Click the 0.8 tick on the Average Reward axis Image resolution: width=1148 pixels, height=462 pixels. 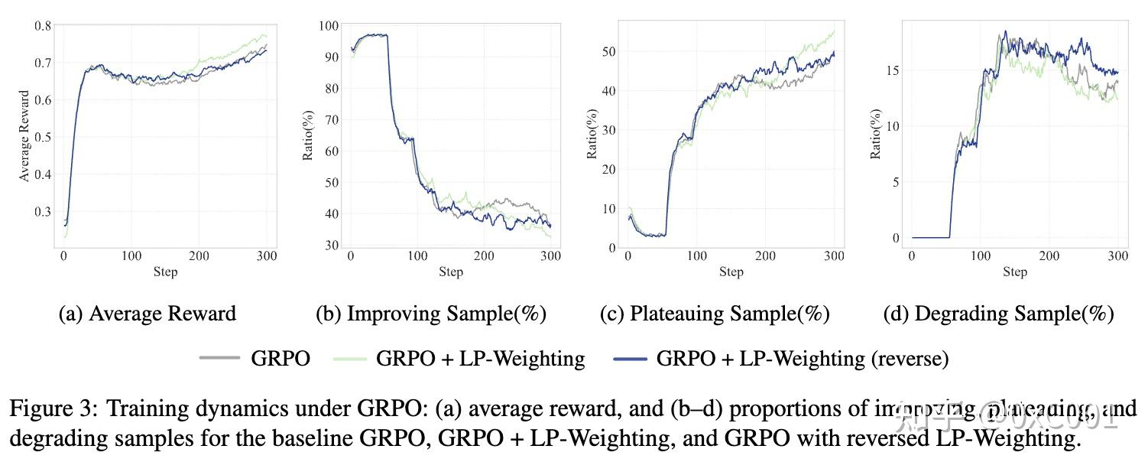42,25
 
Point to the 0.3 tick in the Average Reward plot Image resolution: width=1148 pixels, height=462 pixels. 42,212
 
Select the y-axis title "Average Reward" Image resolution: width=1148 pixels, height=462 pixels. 24,136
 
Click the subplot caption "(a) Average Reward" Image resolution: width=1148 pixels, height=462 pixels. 148,314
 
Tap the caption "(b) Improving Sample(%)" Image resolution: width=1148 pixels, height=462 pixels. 432,314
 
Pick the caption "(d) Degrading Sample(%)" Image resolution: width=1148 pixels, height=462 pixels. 999,314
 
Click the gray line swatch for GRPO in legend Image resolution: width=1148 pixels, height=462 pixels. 219,358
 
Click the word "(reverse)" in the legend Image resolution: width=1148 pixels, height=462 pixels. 910,359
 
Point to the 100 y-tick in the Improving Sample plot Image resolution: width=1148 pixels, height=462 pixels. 329,25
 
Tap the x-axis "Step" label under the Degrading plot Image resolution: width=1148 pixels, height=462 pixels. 1014,272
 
